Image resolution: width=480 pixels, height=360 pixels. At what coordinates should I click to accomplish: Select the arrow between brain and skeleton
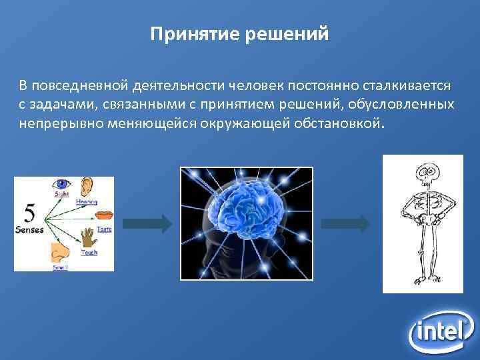346,223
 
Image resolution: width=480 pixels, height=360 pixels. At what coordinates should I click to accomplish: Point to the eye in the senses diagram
63,183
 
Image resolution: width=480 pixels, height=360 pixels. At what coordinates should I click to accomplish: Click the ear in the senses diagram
87,187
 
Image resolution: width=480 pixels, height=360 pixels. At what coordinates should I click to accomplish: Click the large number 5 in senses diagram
30,213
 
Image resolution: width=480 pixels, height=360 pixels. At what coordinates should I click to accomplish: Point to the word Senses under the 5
30,230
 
